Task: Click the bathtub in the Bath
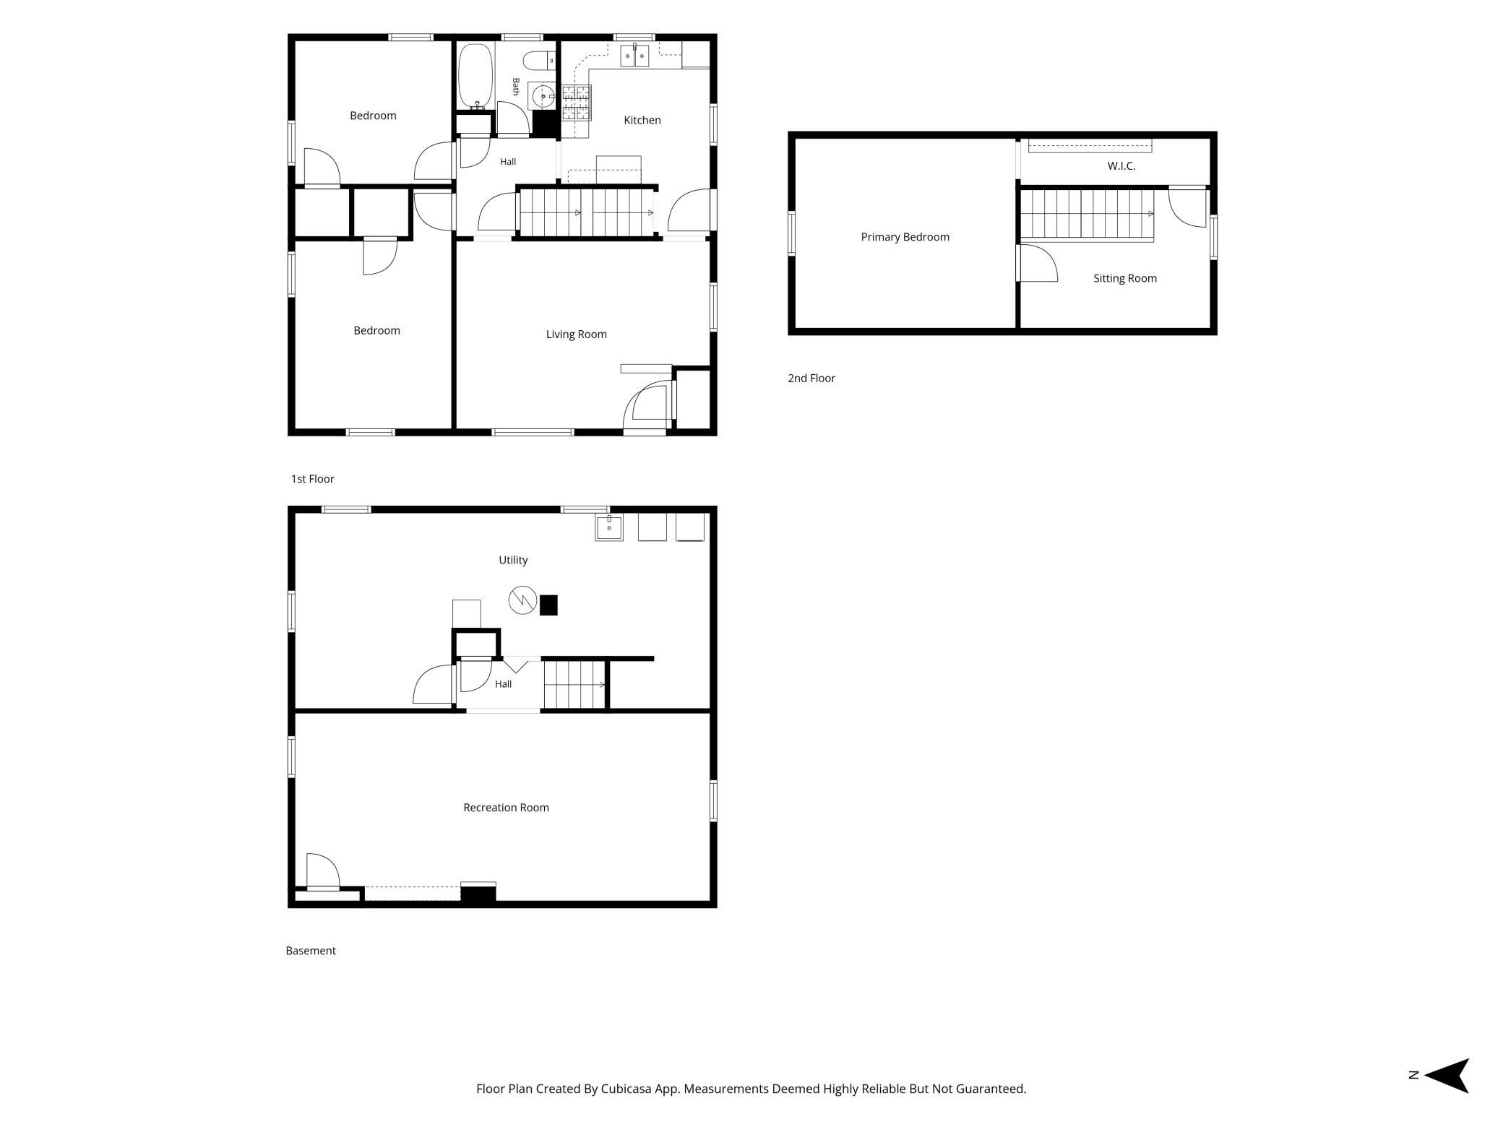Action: point(475,77)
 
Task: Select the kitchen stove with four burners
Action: point(576,102)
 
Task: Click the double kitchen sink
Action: point(635,56)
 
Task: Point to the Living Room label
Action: point(576,334)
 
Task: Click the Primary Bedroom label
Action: point(905,237)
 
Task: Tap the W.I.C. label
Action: point(1121,166)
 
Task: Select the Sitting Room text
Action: point(1124,278)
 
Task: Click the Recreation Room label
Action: point(506,808)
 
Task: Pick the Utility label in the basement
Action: point(513,560)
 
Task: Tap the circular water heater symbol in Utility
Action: point(522,600)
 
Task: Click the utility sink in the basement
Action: point(609,527)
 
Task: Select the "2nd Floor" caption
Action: point(811,378)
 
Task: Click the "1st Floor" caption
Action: point(313,479)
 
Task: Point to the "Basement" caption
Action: point(311,951)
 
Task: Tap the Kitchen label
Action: point(642,120)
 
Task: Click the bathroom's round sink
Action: point(542,95)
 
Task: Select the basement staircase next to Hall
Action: point(575,685)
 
